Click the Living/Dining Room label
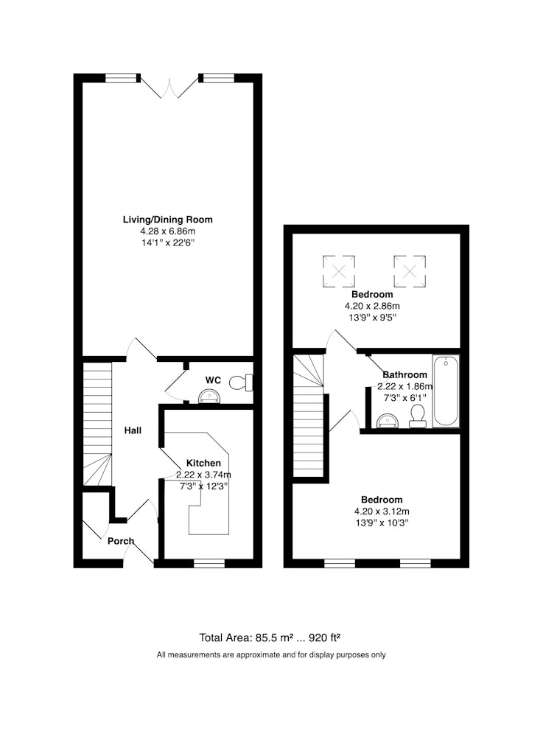tap(168, 220)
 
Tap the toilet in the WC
tap(241, 383)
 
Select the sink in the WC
tap(209, 397)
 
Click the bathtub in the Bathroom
tap(446, 391)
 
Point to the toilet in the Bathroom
tap(417, 417)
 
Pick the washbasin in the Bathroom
tap(388, 421)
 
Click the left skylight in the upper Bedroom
tap(339, 270)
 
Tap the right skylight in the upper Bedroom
tap(410, 270)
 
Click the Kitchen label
tap(203, 463)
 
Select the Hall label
tap(133, 430)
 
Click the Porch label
tap(121, 541)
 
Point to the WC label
tap(213, 380)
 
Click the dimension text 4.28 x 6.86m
tap(168, 231)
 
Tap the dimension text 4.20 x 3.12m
tap(382, 511)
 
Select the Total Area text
tap(270, 638)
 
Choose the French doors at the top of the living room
tap(169, 86)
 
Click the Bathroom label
tap(405, 374)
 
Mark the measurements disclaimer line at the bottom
tap(271, 654)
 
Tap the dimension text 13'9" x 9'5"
tap(373, 317)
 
